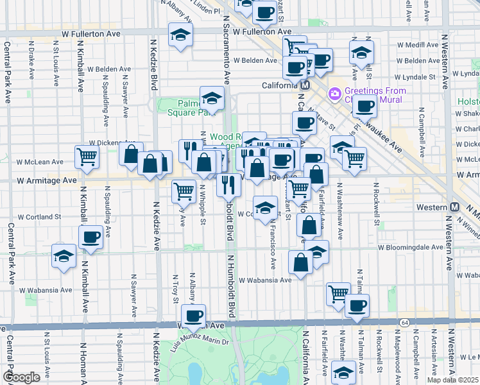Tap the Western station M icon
pos(455,207)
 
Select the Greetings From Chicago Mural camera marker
pos(334,94)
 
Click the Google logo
pos(21,377)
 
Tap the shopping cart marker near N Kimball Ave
pos(87,156)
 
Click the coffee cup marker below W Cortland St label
pos(90,237)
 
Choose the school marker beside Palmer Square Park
pos(211,98)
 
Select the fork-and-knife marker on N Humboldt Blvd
pos(228,185)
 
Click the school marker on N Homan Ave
pos(64,257)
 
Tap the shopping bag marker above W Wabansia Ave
pos(300,262)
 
